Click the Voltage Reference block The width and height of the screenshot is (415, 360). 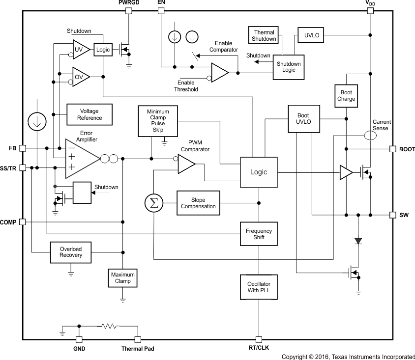tap(89, 114)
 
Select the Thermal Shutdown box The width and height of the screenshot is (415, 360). tap(264, 36)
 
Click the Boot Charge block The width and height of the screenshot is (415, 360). tap(346, 96)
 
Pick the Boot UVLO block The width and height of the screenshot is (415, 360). tap(303, 119)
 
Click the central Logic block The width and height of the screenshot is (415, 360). tap(259, 172)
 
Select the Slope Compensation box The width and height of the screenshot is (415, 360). tap(198, 203)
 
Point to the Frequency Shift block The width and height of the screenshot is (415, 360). tap(259, 234)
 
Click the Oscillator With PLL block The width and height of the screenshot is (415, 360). tap(259, 287)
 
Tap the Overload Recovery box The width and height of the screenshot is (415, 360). tap(71, 252)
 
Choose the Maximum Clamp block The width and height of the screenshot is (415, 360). tap(123, 278)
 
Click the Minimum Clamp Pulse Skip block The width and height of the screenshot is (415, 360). tap(158, 121)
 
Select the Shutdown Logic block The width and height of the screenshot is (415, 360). tap(289, 67)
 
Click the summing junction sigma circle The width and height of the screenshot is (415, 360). tap(154, 203)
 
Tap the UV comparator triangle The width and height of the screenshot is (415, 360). tap(80, 49)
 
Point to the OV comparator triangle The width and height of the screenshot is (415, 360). tap(80, 77)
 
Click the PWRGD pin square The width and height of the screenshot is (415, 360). tap(129, 10)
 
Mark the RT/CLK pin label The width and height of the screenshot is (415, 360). tap(259, 349)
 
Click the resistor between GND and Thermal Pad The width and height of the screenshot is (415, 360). tap(108, 326)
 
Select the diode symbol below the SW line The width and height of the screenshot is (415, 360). tap(358, 241)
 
